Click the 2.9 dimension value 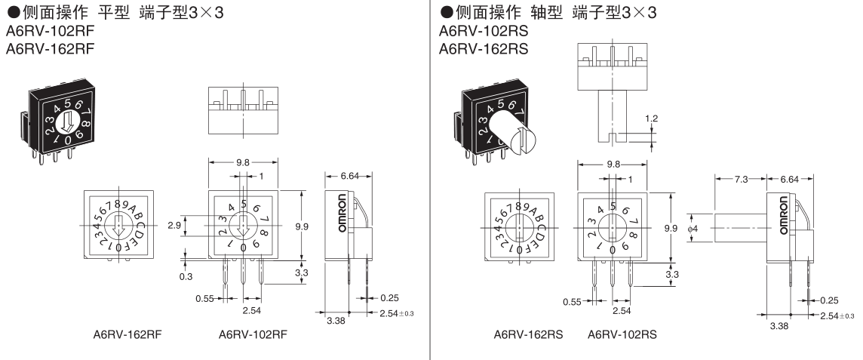[173, 226]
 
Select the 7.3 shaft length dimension [742, 179]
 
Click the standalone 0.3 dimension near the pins [186, 276]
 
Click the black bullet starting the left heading [11, 12]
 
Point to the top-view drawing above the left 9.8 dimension [243, 111]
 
